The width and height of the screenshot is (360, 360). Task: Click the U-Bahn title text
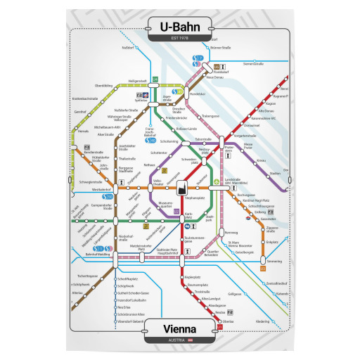click(x=180, y=27)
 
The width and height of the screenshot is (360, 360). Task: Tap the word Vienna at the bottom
click(x=179, y=329)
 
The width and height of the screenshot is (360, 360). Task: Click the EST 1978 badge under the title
click(x=180, y=38)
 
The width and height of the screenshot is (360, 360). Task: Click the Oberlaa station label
click(x=228, y=321)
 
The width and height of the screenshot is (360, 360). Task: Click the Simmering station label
click(x=274, y=261)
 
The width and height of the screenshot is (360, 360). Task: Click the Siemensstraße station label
click(x=253, y=63)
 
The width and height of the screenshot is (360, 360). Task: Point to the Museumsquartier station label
click(x=166, y=205)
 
